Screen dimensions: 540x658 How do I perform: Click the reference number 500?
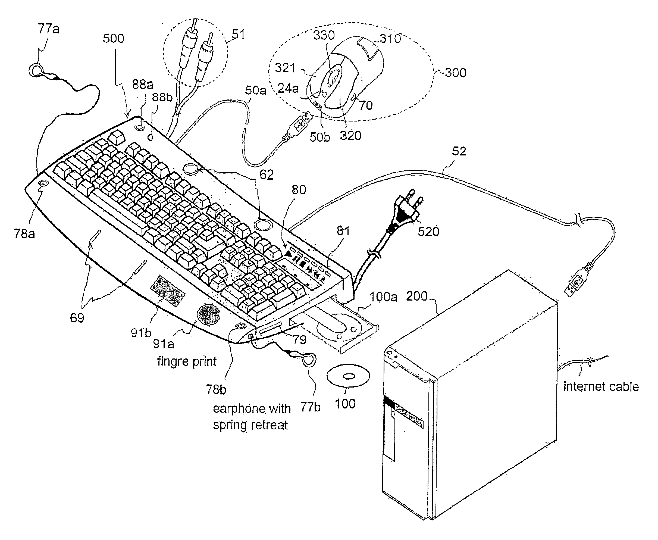coord(114,39)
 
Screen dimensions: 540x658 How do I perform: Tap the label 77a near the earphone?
coord(49,29)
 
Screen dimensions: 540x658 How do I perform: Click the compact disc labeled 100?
coord(348,376)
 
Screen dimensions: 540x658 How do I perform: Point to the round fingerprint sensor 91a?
coord(208,314)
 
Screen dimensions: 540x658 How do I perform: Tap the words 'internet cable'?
coord(601,387)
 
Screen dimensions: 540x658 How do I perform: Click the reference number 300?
coord(456,73)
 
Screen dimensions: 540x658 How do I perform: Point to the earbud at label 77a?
coord(36,70)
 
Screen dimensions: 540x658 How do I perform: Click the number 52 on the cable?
coord(459,151)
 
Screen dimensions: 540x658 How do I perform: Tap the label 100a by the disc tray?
coord(383,297)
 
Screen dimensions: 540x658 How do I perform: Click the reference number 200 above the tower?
coord(417,296)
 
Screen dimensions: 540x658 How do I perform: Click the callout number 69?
coord(77,318)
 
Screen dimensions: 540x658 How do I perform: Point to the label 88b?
coord(162,97)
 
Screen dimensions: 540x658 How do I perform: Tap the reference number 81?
coord(343,231)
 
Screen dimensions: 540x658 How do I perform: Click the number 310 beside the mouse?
coord(390,39)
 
